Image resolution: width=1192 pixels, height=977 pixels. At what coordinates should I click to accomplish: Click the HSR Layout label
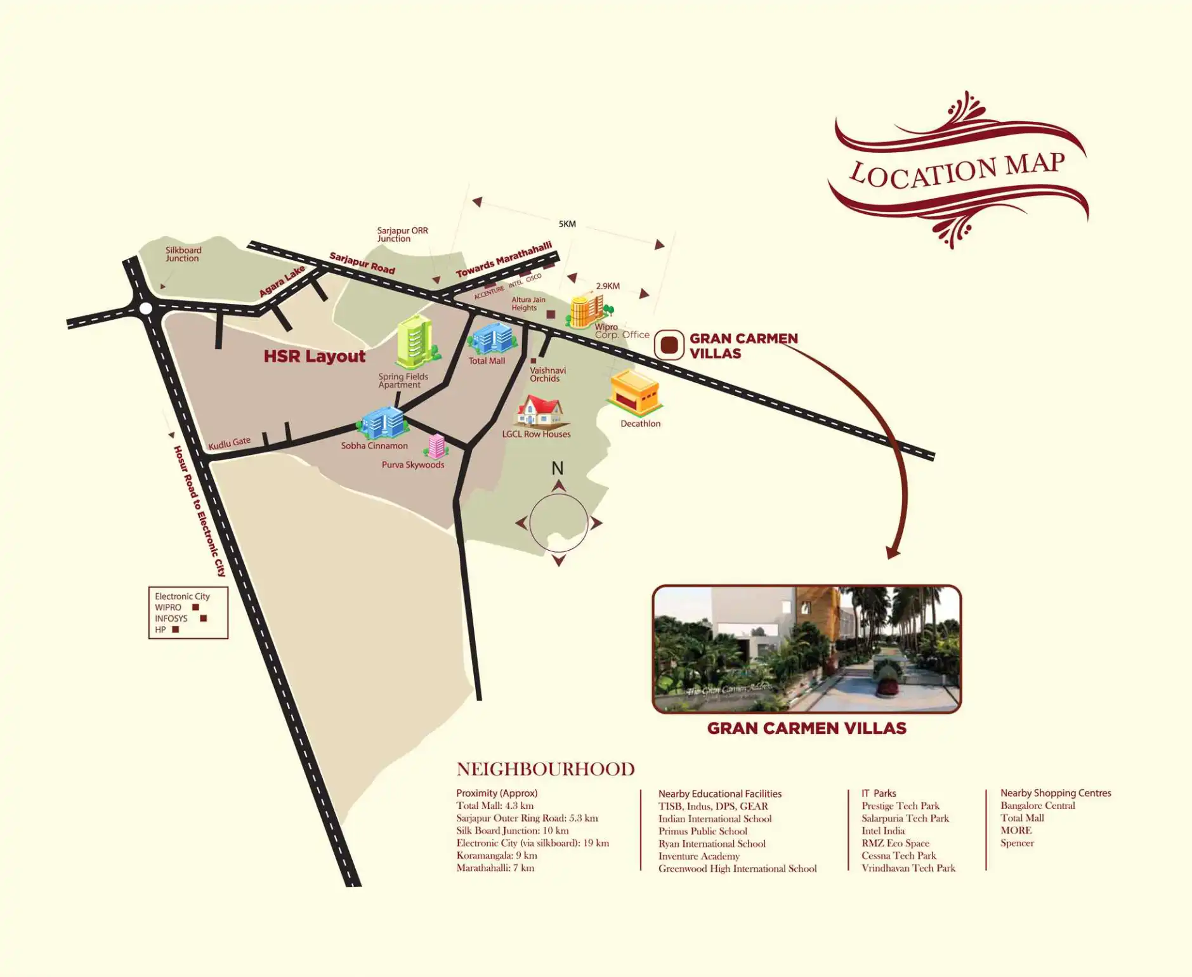(315, 357)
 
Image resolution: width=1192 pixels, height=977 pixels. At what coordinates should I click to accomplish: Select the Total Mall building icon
(492, 338)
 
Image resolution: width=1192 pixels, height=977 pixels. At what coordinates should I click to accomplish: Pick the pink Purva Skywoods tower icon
(436, 446)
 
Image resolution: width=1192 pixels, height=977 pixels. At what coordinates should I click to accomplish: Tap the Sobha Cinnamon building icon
(383, 423)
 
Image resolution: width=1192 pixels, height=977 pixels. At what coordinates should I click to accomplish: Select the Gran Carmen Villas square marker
(669, 345)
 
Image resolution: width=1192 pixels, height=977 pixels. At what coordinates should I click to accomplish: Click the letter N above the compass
(557, 468)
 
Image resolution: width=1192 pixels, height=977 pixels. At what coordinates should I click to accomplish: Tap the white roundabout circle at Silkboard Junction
(146, 309)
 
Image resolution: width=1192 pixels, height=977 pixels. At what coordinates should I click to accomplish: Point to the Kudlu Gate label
(230, 443)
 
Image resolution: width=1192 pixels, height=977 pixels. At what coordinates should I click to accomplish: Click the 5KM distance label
(567, 224)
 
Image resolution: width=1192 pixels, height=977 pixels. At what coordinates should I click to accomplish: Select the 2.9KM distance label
(608, 286)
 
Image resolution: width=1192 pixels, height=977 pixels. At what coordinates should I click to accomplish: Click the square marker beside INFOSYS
(204, 618)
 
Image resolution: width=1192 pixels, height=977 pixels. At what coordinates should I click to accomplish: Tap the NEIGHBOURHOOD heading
(545, 770)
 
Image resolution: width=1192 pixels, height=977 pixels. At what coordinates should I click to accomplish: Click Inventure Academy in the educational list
(698, 856)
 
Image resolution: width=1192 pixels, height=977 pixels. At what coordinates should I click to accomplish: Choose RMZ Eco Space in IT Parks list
(895, 843)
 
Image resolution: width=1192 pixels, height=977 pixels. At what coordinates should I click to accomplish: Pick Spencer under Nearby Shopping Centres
(1017, 843)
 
